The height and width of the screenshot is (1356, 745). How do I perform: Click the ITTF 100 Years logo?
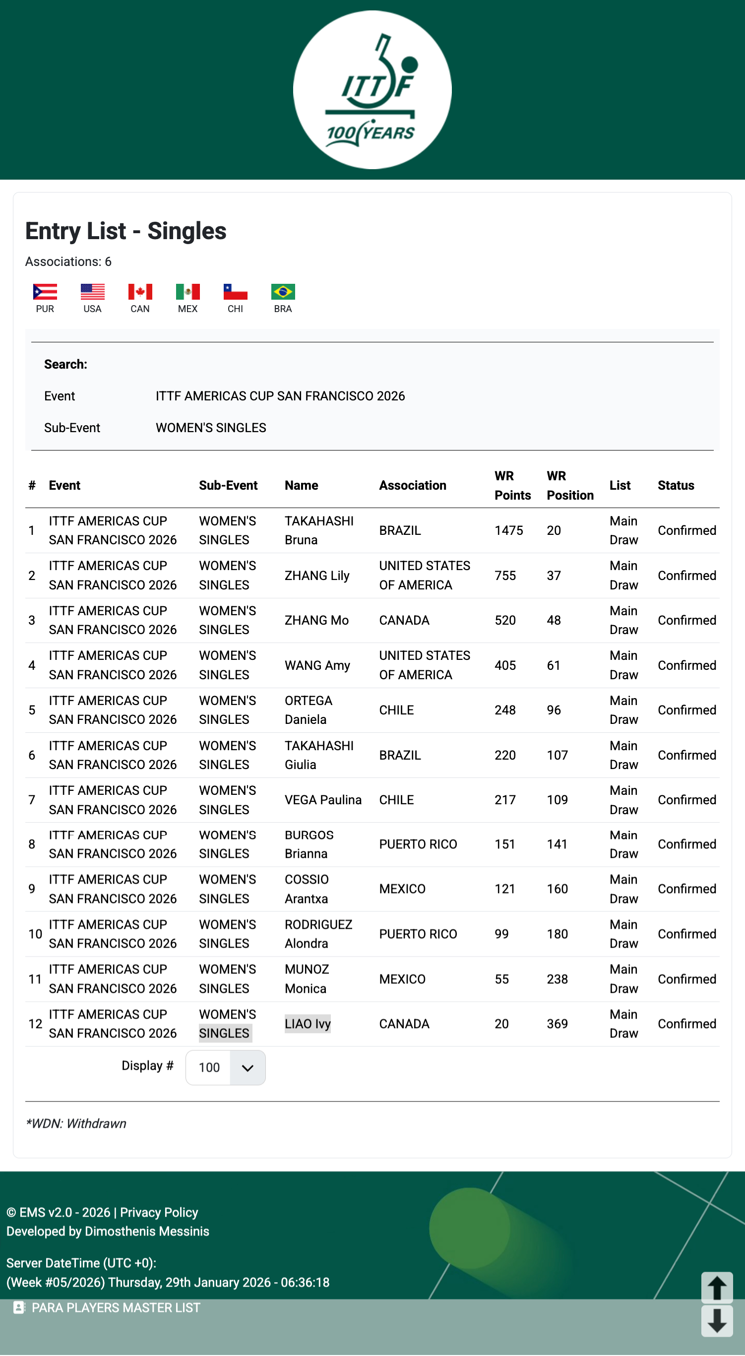tap(372, 90)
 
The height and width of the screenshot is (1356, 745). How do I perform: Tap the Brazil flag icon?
tap(283, 292)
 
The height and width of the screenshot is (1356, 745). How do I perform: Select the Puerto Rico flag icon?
tap(45, 292)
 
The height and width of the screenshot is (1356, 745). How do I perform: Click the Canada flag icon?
tap(140, 292)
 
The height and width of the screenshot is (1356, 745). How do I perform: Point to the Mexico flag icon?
tap(188, 292)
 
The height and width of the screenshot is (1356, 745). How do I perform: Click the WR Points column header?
tap(512, 485)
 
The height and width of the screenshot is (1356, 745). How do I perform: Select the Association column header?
tap(413, 485)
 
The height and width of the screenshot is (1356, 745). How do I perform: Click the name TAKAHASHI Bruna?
tap(319, 530)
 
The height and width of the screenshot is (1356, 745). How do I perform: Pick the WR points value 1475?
tap(508, 530)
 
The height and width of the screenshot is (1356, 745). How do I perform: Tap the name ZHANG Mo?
tap(316, 620)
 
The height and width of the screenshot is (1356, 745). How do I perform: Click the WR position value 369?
tap(557, 1024)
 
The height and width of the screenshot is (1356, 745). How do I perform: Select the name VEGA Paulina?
tap(322, 800)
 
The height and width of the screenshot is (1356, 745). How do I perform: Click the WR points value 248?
tap(504, 710)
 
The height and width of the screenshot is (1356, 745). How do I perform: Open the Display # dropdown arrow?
tap(248, 1068)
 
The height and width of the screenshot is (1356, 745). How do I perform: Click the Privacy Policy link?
tap(159, 1212)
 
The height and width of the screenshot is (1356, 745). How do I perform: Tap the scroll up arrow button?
tap(717, 1288)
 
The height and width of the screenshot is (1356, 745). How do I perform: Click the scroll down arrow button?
tap(717, 1321)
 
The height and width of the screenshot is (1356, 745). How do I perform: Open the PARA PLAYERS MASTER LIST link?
tap(115, 1307)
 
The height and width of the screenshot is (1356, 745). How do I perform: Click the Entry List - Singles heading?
tap(126, 231)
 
